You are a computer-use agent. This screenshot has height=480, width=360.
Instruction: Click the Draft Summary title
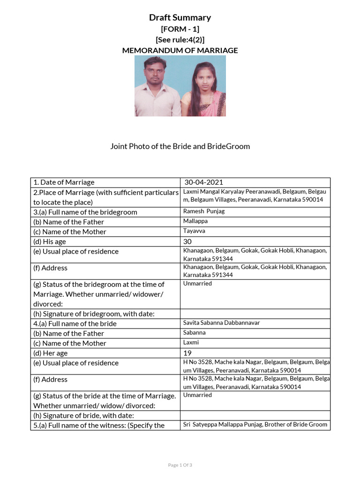tap(180, 18)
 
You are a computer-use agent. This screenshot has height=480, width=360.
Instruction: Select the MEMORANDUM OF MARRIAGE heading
tap(180, 50)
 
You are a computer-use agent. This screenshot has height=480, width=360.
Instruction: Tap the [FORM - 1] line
tap(180, 29)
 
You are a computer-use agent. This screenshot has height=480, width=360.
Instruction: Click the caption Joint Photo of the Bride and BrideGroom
tap(180, 146)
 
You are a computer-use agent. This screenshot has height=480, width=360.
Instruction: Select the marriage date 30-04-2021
tap(204, 182)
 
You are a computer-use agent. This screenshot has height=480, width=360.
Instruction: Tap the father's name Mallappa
tap(195, 221)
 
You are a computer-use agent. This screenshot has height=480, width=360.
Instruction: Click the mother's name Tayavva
tap(195, 231)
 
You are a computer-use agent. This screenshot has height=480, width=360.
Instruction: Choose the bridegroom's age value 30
tap(188, 241)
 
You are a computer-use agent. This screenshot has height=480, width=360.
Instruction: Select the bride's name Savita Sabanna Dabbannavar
tap(221, 323)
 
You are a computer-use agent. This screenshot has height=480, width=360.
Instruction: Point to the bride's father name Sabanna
tap(195, 333)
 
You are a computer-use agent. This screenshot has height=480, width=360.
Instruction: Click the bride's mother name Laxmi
tap(191, 343)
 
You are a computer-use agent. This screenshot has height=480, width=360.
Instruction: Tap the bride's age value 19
tap(188, 353)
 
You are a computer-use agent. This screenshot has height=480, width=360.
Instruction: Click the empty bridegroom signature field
tap(255, 314)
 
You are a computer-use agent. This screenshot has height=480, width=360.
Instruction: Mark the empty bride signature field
tap(255, 416)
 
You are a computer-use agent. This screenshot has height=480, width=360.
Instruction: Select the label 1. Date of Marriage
tap(64, 182)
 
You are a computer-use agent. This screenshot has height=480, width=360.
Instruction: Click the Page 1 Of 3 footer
tap(180, 465)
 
